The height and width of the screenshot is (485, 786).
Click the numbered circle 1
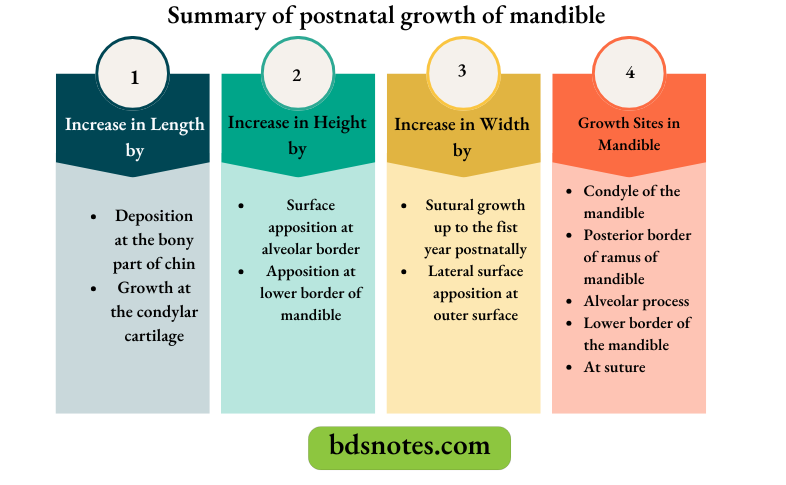pos(135,76)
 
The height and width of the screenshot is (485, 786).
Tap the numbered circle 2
pos(297,75)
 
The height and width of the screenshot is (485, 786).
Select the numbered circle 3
pos(461,71)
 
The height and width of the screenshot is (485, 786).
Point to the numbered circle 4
pos(629,73)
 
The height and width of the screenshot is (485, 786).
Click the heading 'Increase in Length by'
pos(134,138)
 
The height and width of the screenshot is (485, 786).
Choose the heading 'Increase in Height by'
pos(297,135)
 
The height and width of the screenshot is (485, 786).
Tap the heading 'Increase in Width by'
pos(462,138)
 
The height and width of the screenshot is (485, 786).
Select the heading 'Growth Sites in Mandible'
pos(629,134)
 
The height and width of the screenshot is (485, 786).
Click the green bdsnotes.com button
pos(409,447)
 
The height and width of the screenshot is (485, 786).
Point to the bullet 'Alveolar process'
pos(636,301)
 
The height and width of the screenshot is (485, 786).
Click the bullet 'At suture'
pos(614,367)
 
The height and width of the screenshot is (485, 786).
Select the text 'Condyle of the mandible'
pos(631,201)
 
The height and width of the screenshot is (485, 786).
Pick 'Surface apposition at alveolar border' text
pos(309,227)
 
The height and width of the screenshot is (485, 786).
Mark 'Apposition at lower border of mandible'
pos(309,292)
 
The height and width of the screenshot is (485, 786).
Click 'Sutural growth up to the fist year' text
pos(475,227)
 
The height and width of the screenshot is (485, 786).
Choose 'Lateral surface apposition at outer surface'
pos(475,292)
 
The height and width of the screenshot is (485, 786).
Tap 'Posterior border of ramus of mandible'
pos(636,257)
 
